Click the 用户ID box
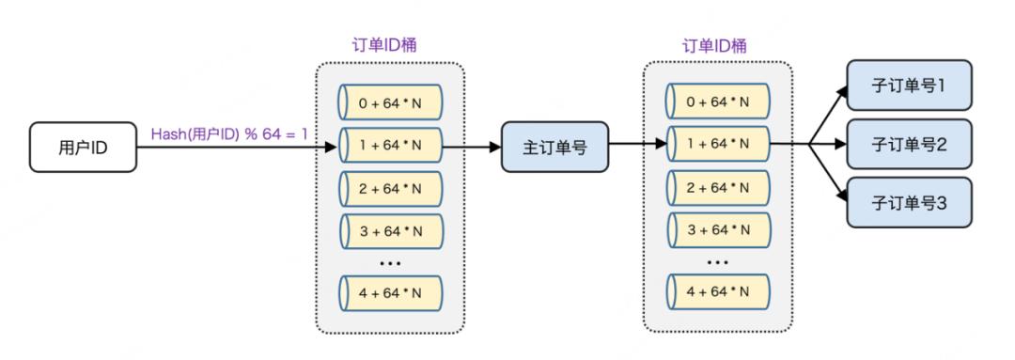pos(82,148)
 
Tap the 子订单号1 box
pos(908,86)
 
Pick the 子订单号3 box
pos(908,202)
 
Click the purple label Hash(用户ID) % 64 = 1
pos(230,134)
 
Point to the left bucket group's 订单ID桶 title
pos(390,46)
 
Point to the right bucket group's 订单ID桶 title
pos(718,46)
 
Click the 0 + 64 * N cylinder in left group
pos(390,102)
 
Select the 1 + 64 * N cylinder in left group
pos(390,147)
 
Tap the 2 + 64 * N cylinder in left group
pos(390,188)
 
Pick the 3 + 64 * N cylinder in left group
pos(390,230)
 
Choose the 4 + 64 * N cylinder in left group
pos(390,291)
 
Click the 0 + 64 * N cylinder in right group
pos(718,102)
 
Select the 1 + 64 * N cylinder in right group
pos(718,147)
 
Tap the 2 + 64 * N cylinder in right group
pos(718,188)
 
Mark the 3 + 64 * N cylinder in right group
pos(718,230)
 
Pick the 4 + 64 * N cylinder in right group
pos(718,291)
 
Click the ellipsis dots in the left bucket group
pos(390,262)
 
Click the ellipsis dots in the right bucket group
pos(718,262)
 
